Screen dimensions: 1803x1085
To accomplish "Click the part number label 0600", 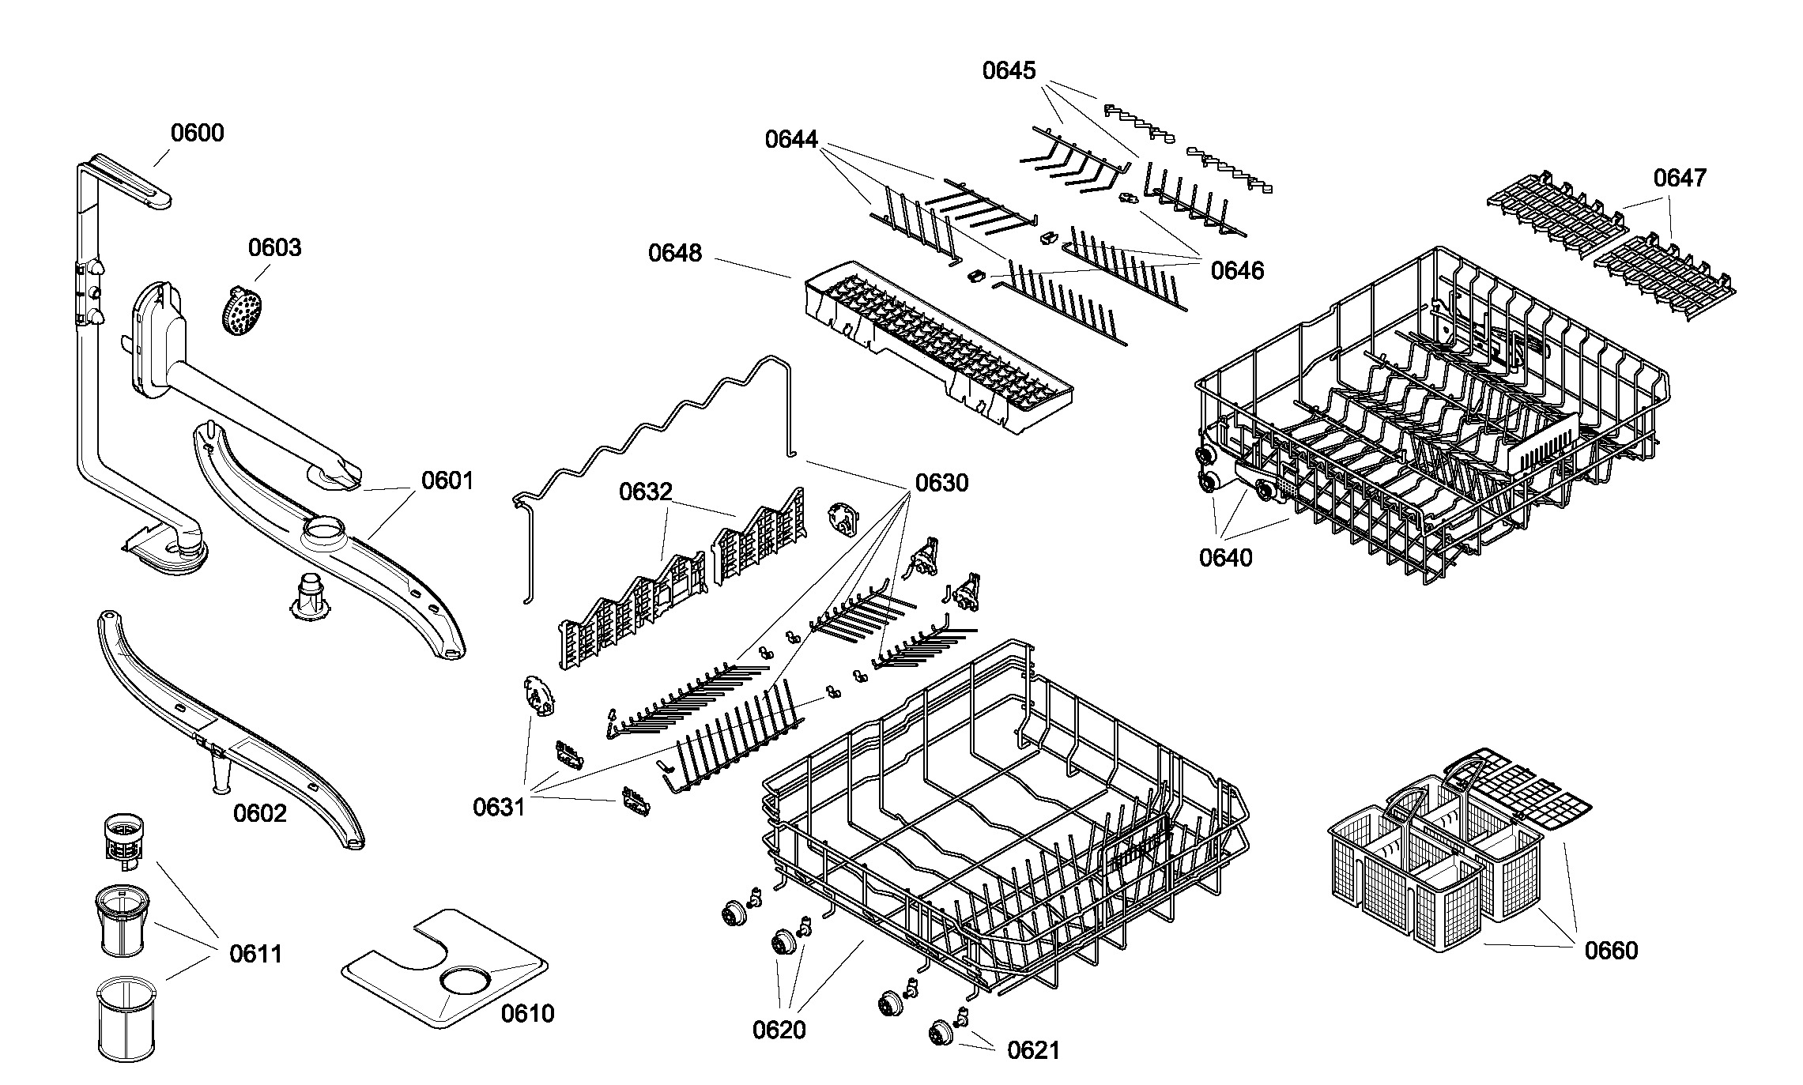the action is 198,133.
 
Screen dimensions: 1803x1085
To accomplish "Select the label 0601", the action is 447,480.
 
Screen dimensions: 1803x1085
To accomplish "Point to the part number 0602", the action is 260,812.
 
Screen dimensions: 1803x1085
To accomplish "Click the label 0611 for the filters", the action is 256,954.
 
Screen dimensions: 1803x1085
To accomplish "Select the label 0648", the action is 675,253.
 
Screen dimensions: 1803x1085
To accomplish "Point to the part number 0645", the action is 1009,70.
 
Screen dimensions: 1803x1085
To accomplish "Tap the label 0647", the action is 1680,177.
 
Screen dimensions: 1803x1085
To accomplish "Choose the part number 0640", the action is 1226,557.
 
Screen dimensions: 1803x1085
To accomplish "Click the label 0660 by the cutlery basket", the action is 1611,950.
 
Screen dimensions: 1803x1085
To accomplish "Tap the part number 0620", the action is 779,1030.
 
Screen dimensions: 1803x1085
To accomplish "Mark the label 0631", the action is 499,807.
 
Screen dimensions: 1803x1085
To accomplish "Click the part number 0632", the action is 645,492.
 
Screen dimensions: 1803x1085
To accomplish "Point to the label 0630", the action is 941,482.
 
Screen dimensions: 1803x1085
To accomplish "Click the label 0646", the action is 1237,270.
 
